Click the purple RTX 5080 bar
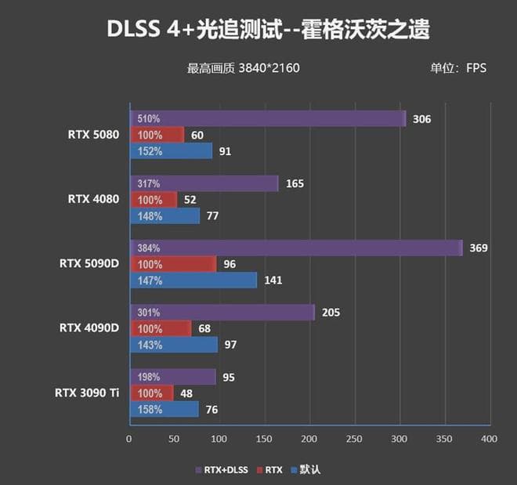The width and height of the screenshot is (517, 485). (267, 118)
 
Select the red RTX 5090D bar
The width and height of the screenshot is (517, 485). (172, 265)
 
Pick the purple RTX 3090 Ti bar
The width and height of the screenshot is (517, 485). (172, 377)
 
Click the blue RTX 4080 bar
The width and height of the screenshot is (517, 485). (164, 215)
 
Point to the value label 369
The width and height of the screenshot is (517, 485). (479, 248)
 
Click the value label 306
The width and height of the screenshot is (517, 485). (421, 119)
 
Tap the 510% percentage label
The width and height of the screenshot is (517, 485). (149, 119)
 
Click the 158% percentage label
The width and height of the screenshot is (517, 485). (149, 410)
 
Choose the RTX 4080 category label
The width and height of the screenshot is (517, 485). (93, 199)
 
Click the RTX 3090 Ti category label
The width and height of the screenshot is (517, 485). (87, 393)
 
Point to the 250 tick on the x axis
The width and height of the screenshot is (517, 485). (354, 439)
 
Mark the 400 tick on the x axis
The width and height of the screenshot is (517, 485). (490, 439)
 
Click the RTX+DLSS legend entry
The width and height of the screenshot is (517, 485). (222, 470)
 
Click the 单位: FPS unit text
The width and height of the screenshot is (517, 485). (458, 68)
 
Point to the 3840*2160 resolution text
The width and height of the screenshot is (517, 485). (269, 68)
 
